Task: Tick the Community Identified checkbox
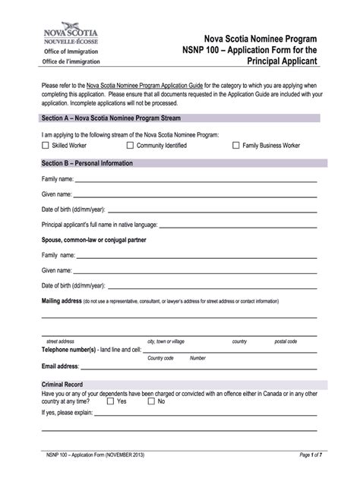pyautogui.click(x=131, y=145)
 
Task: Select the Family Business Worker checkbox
pyautogui.click(x=236, y=145)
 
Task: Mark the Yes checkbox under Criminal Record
pyautogui.click(x=110, y=401)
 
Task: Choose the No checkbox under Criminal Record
pyautogui.click(x=151, y=401)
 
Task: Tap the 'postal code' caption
pyautogui.click(x=286, y=341)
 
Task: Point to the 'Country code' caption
pyautogui.click(x=161, y=358)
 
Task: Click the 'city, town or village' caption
pyautogui.click(x=166, y=341)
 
